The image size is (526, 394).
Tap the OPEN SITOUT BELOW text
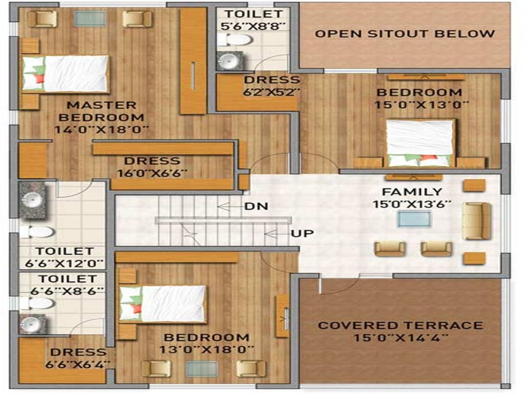tap(404, 34)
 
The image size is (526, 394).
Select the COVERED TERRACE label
tap(400, 325)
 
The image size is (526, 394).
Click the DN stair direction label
tap(256, 207)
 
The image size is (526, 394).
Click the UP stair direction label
tap(302, 234)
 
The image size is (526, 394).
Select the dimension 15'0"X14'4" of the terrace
tap(400, 338)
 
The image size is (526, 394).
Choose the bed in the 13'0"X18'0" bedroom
tap(163, 304)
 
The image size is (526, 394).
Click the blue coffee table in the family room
tap(414, 219)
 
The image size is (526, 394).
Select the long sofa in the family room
tap(476, 221)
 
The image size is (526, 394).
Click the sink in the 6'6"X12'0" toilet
tap(32, 195)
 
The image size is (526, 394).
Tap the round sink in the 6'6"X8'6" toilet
tap(32, 323)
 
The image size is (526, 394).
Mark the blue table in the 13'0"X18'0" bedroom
tap(201, 369)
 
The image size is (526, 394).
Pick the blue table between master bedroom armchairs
tap(90, 18)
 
